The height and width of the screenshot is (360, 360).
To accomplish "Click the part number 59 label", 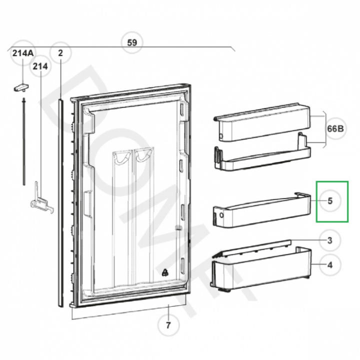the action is (x=132, y=42).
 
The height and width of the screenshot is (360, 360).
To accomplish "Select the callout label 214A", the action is (x=23, y=53).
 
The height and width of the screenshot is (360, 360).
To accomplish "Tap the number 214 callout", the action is (x=40, y=66).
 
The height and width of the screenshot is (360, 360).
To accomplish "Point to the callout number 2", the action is (x=60, y=53).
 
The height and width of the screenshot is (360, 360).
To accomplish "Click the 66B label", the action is (x=335, y=129).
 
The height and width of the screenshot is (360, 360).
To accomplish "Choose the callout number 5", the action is (x=330, y=201).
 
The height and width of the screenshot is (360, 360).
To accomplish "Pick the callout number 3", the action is (x=330, y=240).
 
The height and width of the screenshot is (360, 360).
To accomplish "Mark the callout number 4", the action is (x=330, y=265).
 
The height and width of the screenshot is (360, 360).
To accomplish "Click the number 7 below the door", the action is (x=168, y=325).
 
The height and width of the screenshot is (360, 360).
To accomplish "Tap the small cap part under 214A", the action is (x=21, y=87).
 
